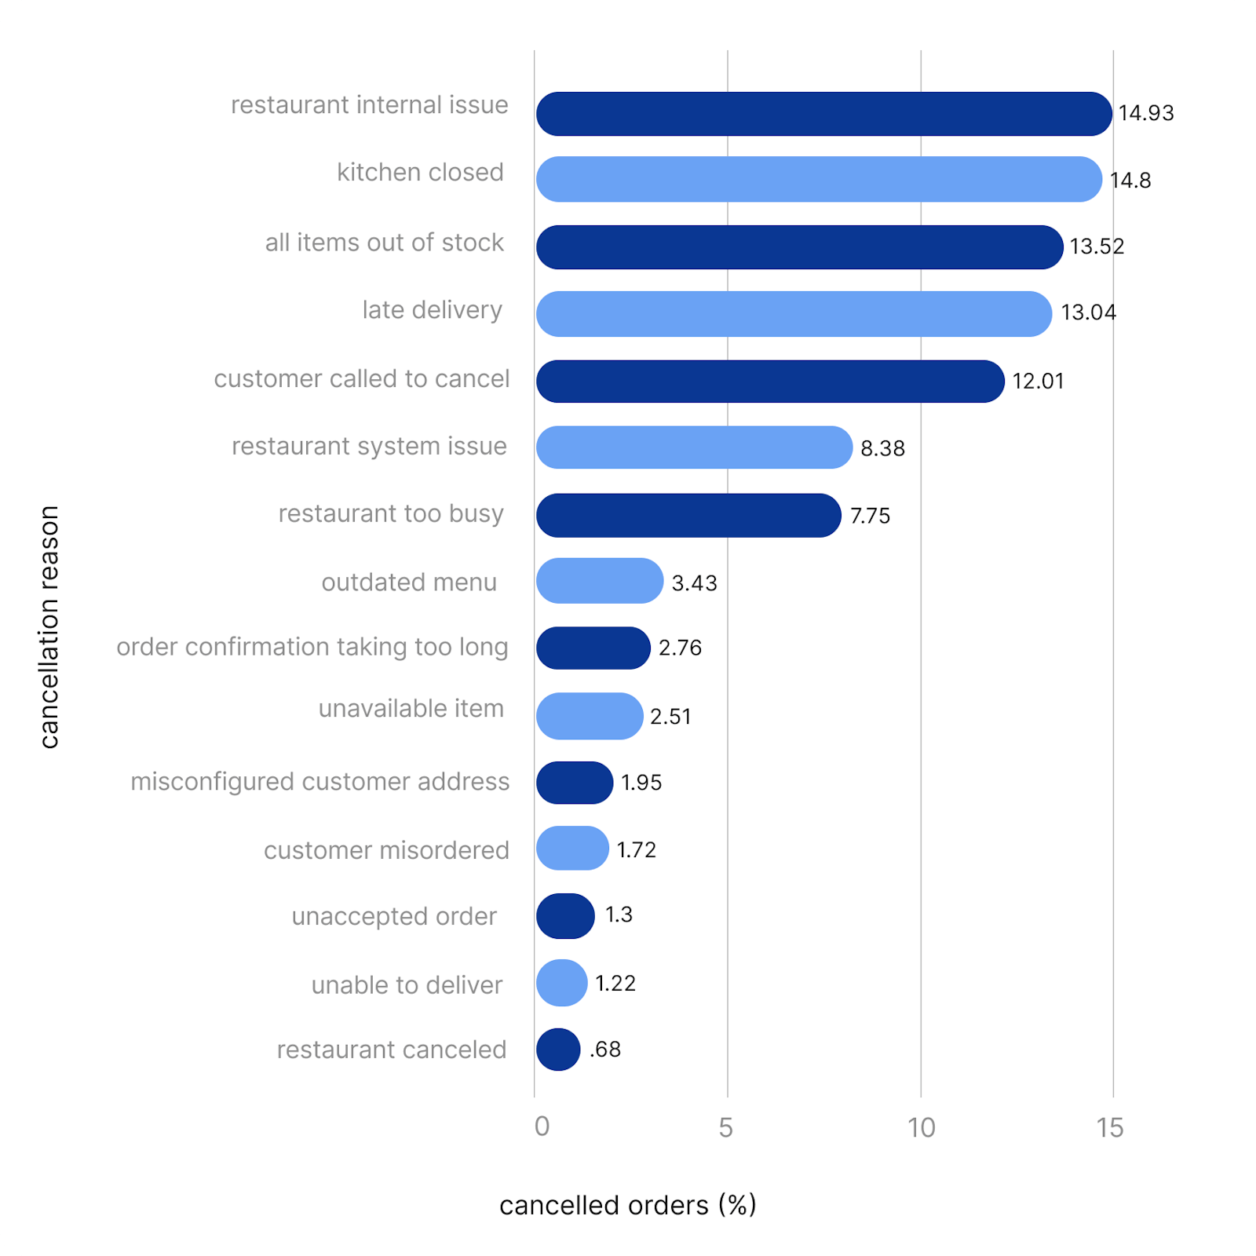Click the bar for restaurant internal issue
coord(823,114)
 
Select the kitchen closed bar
coord(819,179)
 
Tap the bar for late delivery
coord(794,314)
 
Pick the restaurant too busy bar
coord(688,516)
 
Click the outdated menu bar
coord(600,581)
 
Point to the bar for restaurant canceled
coord(558,1050)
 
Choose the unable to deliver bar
coord(562,983)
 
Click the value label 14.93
coord(1146,113)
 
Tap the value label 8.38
coord(882,448)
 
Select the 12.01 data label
coord(1038,382)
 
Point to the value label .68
coord(605,1050)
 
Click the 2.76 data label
coord(680,648)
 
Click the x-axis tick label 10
coord(922,1128)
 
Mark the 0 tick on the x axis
coord(542,1127)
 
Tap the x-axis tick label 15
coord(1110,1128)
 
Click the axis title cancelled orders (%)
coord(628,1205)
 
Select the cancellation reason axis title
coord(49,627)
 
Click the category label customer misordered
coord(386,850)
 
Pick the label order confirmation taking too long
coord(312,647)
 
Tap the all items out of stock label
coord(384,243)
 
